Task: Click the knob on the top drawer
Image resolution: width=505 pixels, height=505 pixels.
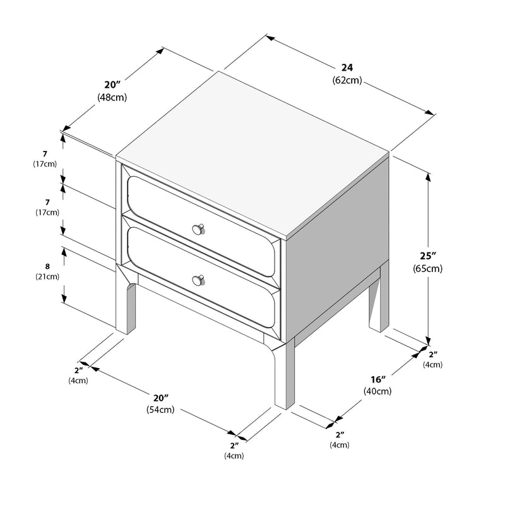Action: (199, 228)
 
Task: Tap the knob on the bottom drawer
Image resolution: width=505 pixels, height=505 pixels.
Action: (199, 279)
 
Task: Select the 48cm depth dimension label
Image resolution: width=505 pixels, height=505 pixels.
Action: (112, 97)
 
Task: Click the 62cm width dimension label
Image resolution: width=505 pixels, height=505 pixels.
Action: (347, 80)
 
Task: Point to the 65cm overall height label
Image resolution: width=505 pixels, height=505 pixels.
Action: (427, 268)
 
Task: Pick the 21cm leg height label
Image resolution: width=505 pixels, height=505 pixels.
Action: (47, 276)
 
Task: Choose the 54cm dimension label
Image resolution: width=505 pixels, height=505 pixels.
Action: (160, 410)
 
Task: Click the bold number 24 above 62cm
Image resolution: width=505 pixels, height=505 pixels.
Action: (347, 68)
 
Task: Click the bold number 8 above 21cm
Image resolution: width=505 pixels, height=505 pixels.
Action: (47, 266)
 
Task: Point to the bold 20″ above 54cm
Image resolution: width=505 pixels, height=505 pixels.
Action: (161, 398)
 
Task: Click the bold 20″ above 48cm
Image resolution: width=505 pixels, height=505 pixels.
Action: (112, 85)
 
